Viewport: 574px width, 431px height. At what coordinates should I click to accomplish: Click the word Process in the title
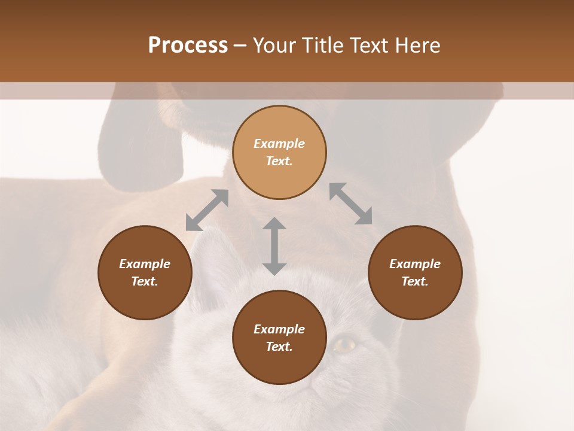[188, 45]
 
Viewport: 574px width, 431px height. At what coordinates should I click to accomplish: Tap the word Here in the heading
[416, 45]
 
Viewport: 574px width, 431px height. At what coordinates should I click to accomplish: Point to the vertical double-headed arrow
[274, 246]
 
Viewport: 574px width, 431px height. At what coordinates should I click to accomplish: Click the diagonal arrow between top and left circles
[207, 210]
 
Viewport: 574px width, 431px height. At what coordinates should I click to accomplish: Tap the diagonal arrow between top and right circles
[351, 204]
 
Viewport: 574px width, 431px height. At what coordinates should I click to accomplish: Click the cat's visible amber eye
[346, 344]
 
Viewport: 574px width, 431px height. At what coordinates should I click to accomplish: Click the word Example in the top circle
[279, 144]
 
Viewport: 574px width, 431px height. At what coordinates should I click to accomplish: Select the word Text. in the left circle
[145, 281]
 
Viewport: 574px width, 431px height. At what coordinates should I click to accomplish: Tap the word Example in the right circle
[415, 264]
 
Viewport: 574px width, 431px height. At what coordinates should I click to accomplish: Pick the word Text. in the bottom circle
[279, 347]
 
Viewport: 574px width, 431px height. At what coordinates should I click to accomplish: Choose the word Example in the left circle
[145, 264]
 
